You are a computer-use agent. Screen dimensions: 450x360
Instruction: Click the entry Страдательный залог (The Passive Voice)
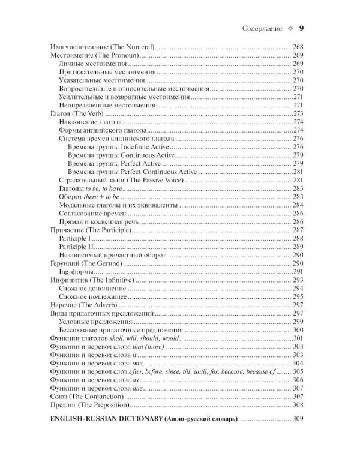click(x=119, y=180)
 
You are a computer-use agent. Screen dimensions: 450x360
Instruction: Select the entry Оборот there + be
click(x=89, y=197)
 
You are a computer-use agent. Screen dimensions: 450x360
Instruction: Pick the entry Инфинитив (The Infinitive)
click(x=89, y=280)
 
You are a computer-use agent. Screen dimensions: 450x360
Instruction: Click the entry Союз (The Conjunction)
click(x=85, y=397)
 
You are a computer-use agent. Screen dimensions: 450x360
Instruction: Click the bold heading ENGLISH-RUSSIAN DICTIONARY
click(x=111, y=418)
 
